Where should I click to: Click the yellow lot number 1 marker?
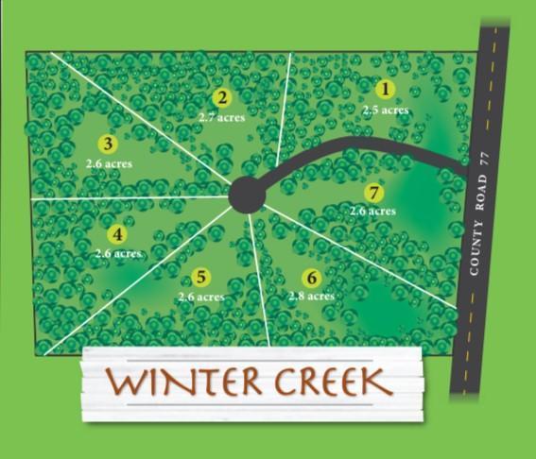pyautogui.click(x=385, y=90)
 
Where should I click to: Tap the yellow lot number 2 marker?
pyautogui.click(x=222, y=97)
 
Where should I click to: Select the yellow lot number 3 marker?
pyautogui.click(x=108, y=144)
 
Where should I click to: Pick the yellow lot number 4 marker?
pyautogui.click(x=117, y=234)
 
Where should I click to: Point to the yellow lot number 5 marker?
pyautogui.click(x=200, y=277)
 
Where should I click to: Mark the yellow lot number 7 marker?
pyautogui.click(x=374, y=193)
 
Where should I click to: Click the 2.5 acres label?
pyautogui.click(x=385, y=110)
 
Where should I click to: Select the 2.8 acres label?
pyautogui.click(x=311, y=297)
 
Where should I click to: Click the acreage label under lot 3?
pyautogui.click(x=108, y=163)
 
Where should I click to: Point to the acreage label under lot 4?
pyautogui.click(x=118, y=254)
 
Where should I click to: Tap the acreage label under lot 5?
pyautogui.click(x=200, y=297)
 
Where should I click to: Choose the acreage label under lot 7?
pyautogui.click(x=372, y=212)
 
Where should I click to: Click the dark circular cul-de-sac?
pyautogui.click(x=247, y=195)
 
